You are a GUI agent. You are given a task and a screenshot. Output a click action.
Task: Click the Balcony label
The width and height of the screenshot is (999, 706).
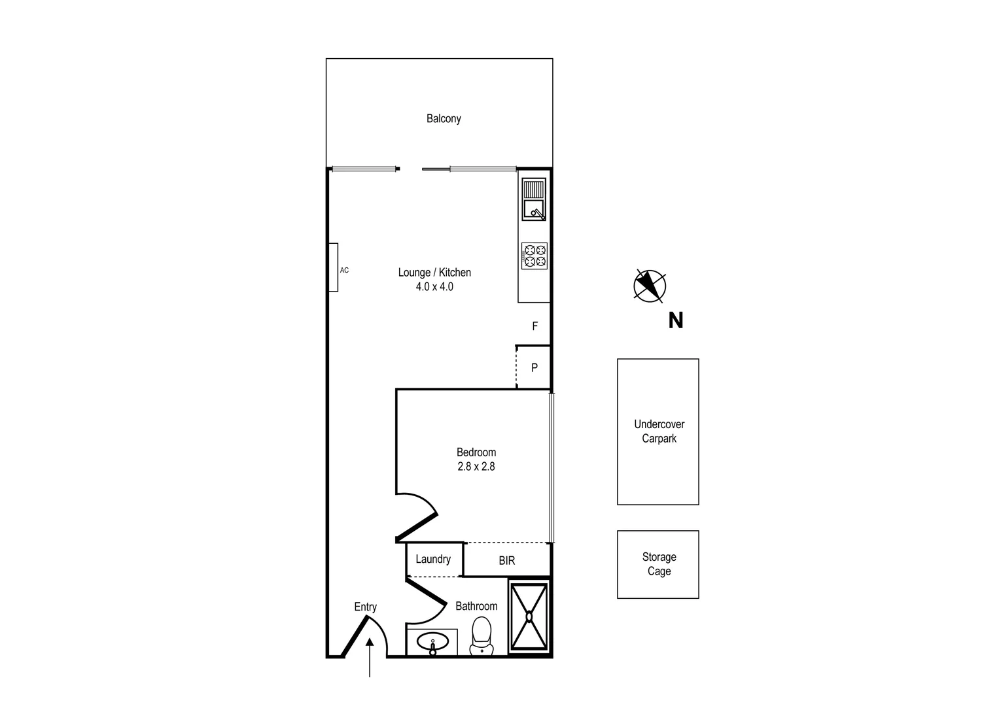click(444, 119)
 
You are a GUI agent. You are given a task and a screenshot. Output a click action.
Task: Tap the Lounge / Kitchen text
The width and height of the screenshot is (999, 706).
click(434, 273)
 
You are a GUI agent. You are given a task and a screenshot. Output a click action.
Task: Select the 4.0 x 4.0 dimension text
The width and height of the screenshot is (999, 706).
click(434, 287)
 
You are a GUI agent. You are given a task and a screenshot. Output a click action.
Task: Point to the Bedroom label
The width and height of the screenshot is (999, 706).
click(476, 452)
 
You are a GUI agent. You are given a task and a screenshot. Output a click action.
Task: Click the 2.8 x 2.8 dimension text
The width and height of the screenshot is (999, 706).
click(476, 467)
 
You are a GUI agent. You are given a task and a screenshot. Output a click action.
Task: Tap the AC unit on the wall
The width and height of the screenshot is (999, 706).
click(334, 267)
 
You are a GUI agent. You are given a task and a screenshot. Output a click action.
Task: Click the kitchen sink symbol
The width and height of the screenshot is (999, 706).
click(534, 199)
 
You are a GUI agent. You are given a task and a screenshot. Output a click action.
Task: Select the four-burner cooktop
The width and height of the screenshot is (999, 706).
click(534, 256)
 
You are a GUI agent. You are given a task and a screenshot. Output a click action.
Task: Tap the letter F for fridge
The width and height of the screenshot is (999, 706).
click(535, 326)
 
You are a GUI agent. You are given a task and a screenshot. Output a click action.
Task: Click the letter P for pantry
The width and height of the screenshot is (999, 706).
click(535, 368)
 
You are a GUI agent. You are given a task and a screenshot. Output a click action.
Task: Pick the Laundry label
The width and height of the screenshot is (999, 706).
click(433, 560)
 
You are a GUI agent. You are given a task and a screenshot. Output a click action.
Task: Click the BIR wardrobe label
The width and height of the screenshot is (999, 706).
click(507, 561)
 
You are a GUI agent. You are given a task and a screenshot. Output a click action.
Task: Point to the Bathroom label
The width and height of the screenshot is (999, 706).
click(476, 607)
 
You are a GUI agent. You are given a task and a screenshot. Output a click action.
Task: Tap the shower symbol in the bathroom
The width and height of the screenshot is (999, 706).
click(529, 616)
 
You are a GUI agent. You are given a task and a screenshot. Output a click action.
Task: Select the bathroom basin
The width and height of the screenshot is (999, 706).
click(432, 643)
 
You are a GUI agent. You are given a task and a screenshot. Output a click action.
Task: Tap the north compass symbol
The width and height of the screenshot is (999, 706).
click(650, 286)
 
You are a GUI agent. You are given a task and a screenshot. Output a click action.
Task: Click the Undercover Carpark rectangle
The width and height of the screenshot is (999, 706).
click(658, 431)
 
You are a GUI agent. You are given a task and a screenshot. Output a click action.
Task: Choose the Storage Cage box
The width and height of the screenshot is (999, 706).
click(658, 564)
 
